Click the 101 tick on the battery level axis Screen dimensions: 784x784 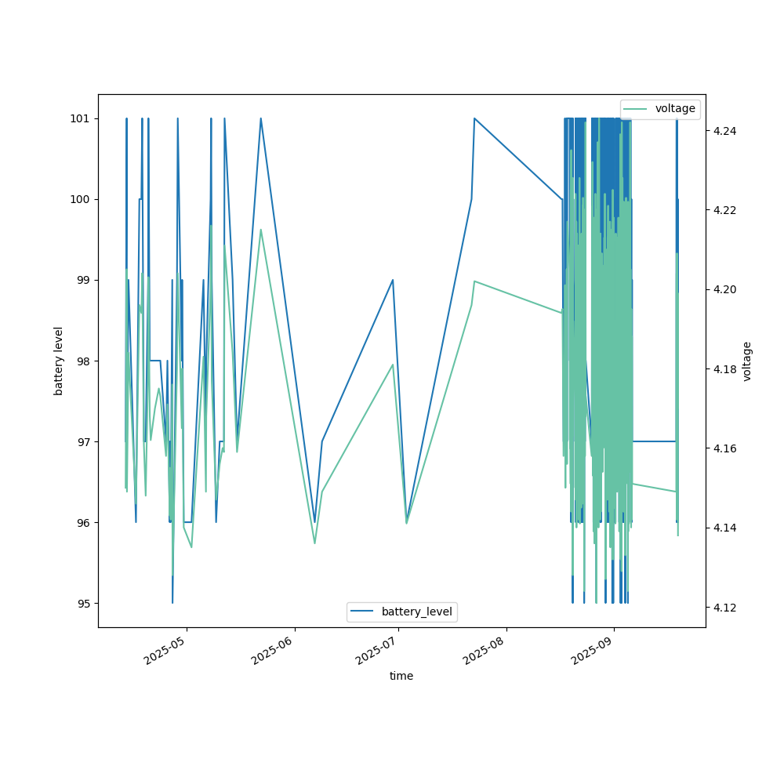pos(81,118)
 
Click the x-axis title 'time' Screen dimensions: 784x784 pos(401,676)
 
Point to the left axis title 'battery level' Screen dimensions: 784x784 pos(59,361)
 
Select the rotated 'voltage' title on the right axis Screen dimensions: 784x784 pos(747,361)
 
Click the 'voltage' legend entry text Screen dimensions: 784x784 pos(675,109)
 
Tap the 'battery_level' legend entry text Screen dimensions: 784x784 pos(416,612)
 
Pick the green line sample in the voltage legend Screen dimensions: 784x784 pos(636,109)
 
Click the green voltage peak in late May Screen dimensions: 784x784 pos(261,229)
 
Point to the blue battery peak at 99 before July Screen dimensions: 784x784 pos(393,280)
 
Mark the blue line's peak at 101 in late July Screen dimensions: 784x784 pos(474,118)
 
